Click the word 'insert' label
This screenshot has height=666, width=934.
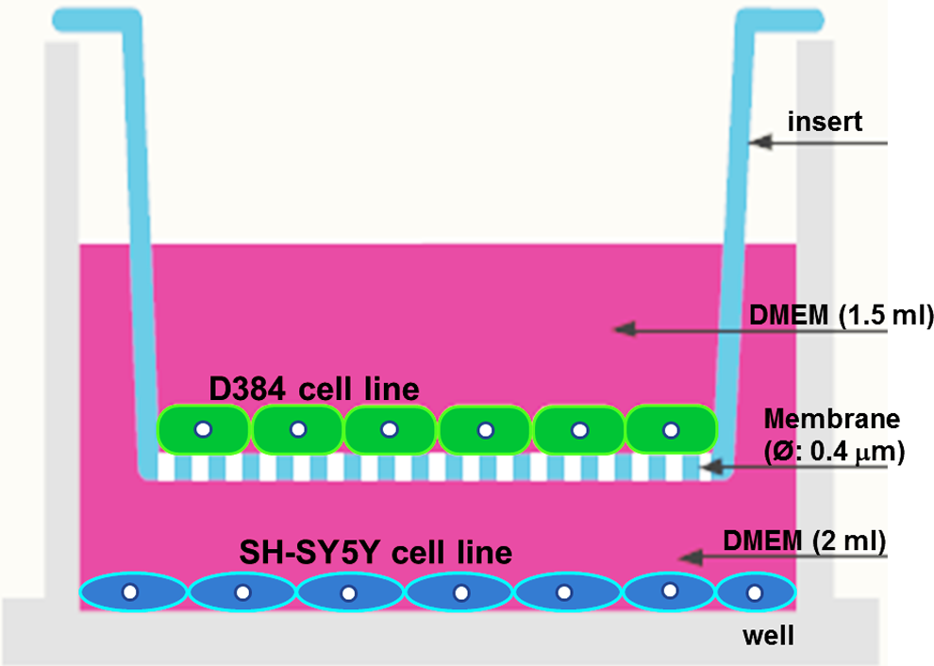(x=825, y=122)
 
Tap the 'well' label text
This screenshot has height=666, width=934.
(x=768, y=636)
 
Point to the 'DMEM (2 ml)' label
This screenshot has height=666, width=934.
(x=805, y=541)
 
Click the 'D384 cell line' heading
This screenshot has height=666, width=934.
(x=314, y=389)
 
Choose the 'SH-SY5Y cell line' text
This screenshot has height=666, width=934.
(x=375, y=552)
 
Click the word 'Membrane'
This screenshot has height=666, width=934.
(x=832, y=419)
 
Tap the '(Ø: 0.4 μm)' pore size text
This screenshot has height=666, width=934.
(x=835, y=452)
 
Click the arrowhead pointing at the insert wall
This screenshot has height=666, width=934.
(x=760, y=142)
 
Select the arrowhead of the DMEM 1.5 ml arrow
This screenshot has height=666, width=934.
(x=625, y=328)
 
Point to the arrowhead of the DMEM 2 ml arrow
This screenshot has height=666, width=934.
(x=691, y=558)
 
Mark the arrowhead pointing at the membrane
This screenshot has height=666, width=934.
(x=711, y=466)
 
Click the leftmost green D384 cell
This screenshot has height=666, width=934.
(x=203, y=429)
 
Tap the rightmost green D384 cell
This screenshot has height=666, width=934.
(x=672, y=429)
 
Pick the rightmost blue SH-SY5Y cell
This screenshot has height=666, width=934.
(x=756, y=592)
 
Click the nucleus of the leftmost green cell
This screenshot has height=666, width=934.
(x=203, y=429)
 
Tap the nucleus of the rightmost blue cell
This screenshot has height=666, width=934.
(x=755, y=592)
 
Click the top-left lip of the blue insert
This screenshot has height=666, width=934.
(x=90, y=20)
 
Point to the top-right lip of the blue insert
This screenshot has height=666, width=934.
(x=780, y=20)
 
